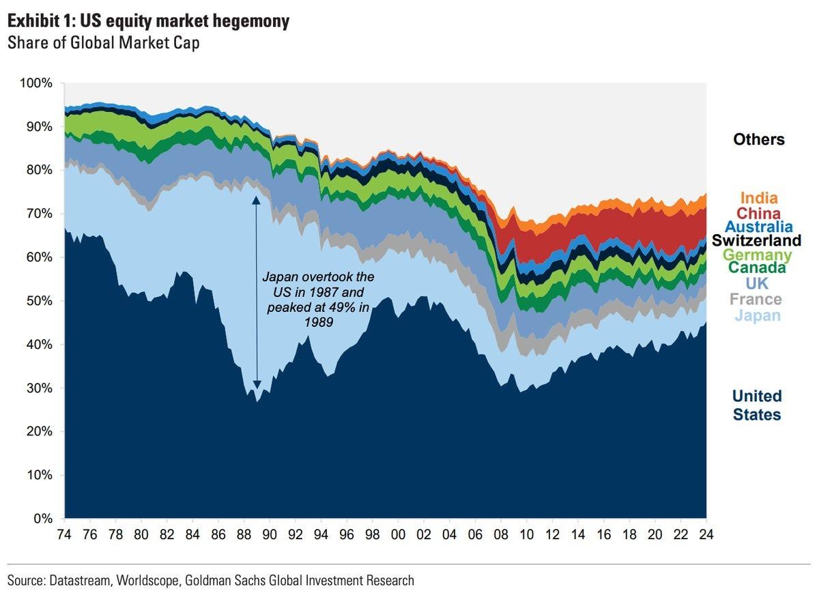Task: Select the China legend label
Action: coord(758,214)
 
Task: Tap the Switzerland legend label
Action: coord(756,240)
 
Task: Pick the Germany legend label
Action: coord(756,255)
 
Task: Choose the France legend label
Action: coord(756,299)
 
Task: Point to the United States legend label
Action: coord(756,405)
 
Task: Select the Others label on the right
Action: coord(758,139)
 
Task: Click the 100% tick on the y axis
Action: coord(37,83)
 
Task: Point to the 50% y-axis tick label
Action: coord(39,301)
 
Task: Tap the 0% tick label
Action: coord(42,519)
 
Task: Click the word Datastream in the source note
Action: coord(76,581)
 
